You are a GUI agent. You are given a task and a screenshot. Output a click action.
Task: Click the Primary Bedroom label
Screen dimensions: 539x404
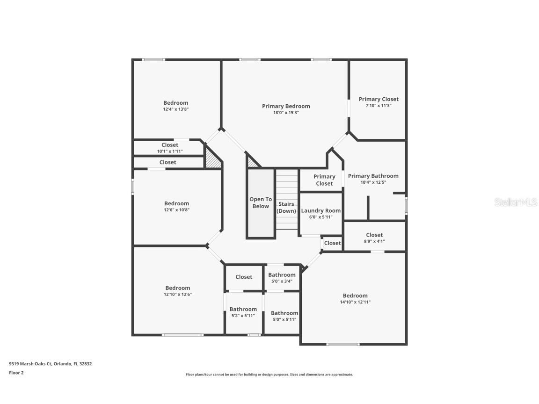pos(286,106)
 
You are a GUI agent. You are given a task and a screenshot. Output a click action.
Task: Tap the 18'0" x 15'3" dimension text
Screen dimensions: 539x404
pos(286,113)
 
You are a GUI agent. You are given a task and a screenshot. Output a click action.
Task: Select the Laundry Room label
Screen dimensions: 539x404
pos(320,210)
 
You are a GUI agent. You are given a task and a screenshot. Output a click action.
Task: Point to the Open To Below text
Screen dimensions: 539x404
pos(261,202)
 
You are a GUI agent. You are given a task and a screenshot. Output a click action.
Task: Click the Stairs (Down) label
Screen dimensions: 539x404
pos(286,208)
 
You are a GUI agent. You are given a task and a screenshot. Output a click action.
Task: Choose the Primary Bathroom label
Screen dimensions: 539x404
pos(373,176)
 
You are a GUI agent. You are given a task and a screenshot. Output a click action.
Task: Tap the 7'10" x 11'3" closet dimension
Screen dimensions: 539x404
pos(379,106)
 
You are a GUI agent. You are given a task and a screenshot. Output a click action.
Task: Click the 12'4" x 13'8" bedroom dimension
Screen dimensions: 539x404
pos(175,109)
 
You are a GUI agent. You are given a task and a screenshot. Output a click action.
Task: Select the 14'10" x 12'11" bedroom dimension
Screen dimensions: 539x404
pos(355,302)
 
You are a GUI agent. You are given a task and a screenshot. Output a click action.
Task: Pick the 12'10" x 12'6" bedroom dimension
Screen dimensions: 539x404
pos(178,295)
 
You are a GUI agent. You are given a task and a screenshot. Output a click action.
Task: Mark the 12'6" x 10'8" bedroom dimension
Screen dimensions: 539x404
pos(177,210)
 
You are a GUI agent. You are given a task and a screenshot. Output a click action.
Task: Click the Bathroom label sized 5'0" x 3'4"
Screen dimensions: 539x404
pos(282,275)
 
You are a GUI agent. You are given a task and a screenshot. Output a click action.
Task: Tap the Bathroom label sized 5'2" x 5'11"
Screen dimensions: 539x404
pos(243,309)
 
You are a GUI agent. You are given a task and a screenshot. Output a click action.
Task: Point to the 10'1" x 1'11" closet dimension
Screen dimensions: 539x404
pos(170,151)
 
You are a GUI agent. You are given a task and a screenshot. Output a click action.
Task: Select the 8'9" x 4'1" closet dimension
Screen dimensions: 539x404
pos(374,241)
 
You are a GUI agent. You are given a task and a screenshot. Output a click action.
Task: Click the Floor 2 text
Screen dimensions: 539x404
pos(16,373)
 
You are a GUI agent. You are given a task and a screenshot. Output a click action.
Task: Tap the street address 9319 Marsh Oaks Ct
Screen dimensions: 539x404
pos(30,364)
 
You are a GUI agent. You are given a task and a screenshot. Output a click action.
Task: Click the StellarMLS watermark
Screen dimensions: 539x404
pos(516,202)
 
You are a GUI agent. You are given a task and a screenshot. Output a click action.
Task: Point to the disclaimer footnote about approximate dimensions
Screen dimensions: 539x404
pos(269,375)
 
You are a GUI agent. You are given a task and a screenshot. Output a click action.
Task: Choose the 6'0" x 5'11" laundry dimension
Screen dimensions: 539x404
pos(320,217)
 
